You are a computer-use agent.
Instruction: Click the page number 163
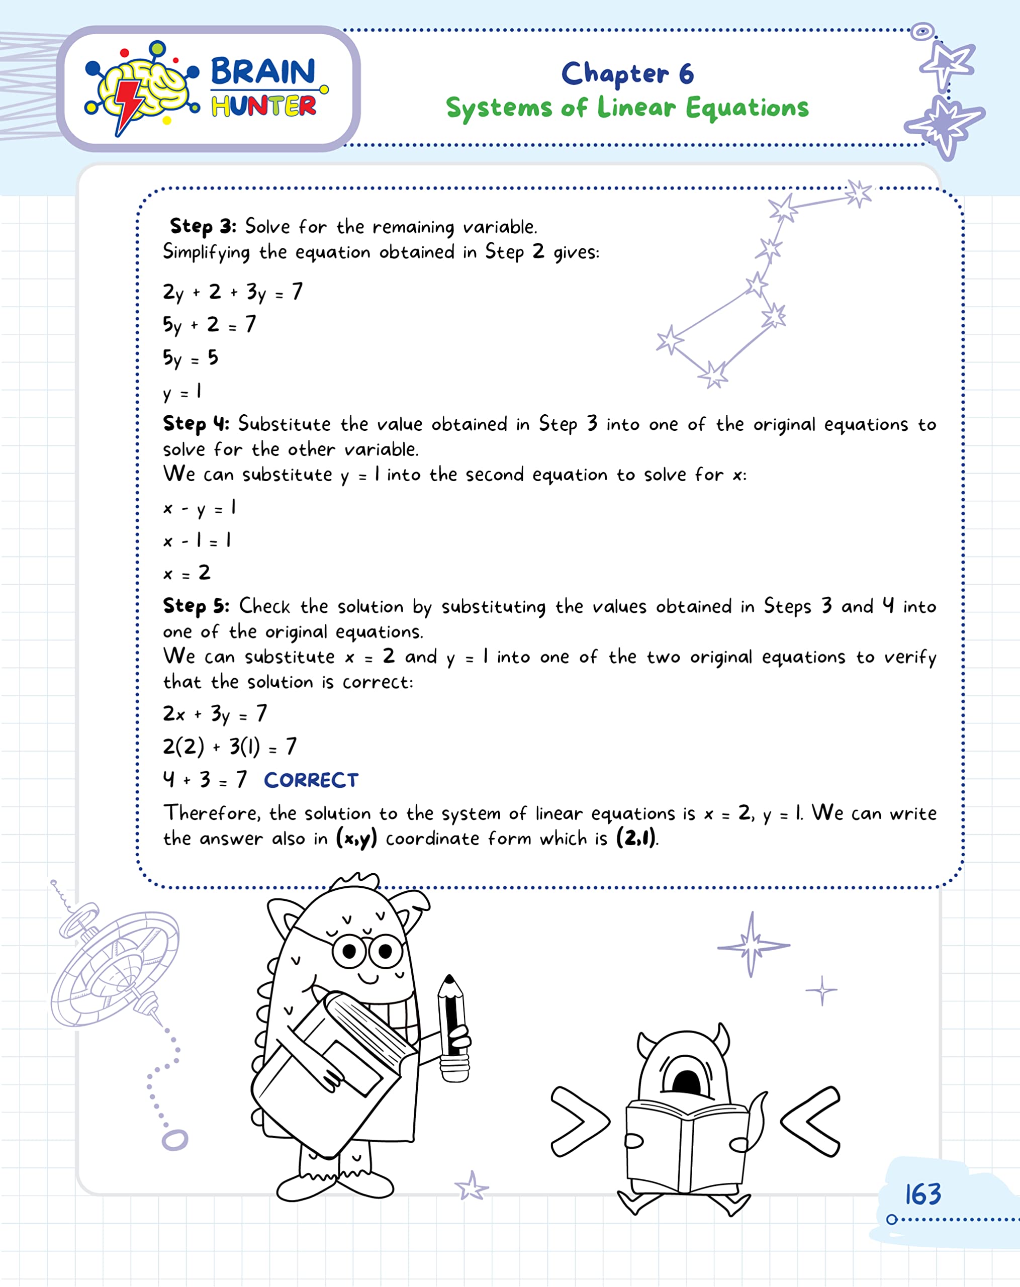tap(922, 1194)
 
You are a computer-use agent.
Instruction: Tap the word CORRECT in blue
tap(311, 780)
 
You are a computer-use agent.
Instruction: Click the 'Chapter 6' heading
tap(627, 73)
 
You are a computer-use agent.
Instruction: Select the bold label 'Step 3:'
tap(203, 226)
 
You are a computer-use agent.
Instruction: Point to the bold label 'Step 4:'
tap(196, 424)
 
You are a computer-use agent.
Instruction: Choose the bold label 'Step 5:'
tap(196, 606)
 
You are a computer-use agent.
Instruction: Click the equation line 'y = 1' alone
tap(182, 392)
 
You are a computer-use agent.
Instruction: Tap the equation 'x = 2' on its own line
tap(186, 573)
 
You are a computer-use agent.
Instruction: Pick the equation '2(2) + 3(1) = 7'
tap(230, 746)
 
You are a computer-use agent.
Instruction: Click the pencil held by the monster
tap(452, 1027)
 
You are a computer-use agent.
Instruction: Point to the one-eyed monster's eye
tap(686, 1078)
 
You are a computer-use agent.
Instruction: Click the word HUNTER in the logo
tap(263, 106)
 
